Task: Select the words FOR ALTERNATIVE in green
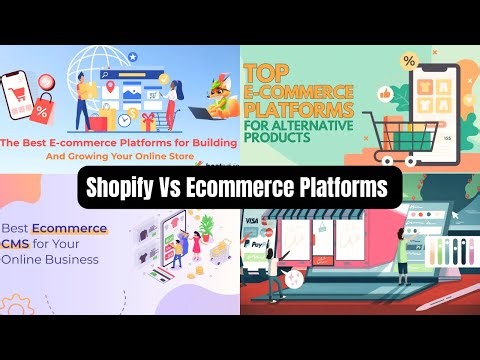(x=300, y=125)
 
